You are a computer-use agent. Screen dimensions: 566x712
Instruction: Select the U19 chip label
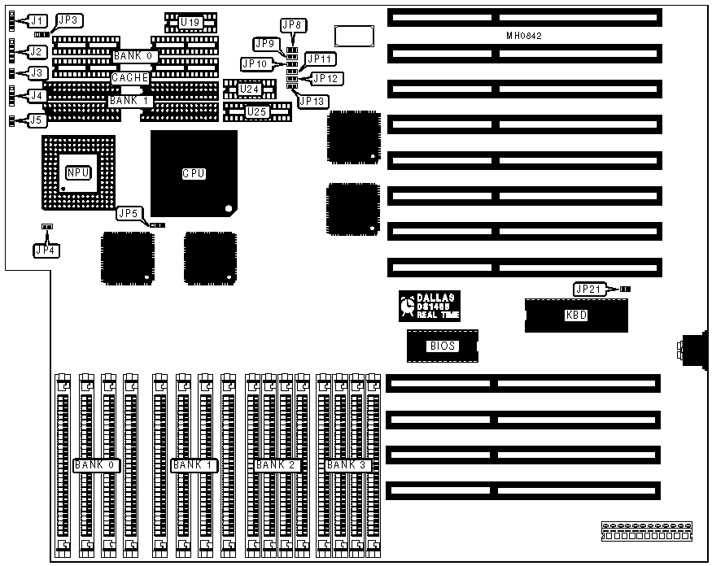pyautogui.click(x=190, y=21)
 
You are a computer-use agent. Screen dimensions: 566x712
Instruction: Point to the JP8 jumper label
pyautogui.click(x=293, y=25)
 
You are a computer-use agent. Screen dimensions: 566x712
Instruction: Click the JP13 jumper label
pyautogui.click(x=313, y=101)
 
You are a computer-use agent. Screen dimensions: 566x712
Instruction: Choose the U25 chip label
pyautogui.click(x=256, y=111)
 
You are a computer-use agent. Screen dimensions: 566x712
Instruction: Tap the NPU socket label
pyautogui.click(x=78, y=172)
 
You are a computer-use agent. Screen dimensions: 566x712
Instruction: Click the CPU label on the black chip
pyautogui.click(x=194, y=173)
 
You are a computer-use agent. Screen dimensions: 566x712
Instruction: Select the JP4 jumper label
pyautogui.click(x=46, y=250)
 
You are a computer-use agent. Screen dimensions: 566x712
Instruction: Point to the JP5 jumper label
pyautogui.click(x=129, y=214)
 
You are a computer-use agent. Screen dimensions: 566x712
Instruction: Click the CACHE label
pyautogui.click(x=130, y=78)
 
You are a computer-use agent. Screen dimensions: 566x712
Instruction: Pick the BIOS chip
pyautogui.click(x=443, y=346)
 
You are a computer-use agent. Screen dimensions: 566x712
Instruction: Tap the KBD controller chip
pyautogui.click(x=576, y=315)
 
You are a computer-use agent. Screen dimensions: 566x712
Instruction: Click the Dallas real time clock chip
pyautogui.click(x=430, y=305)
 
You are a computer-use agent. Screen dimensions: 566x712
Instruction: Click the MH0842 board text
pyautogui.click(x=524, y=37)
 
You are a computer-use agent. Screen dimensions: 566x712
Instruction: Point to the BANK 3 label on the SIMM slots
pyautogui.click(x=347, y=465)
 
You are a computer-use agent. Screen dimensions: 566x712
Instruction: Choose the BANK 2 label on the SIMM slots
pyautogui.click(x=277, y=465)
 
